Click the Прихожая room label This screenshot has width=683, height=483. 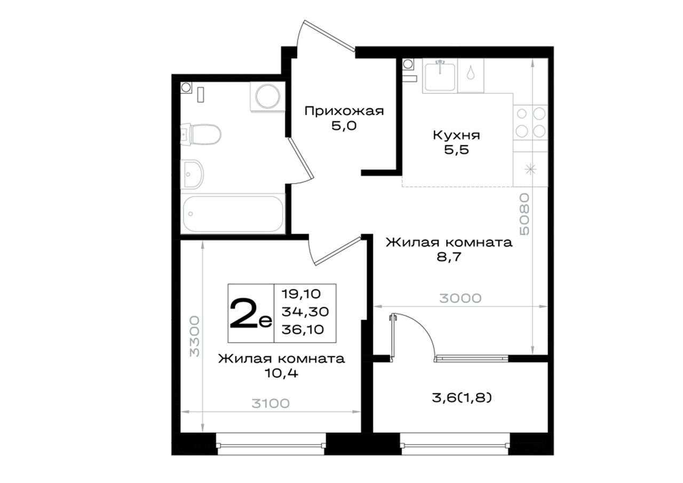[x=344, y=111]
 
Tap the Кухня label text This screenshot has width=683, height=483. [x=456, y=135]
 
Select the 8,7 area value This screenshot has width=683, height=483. [x=449, y=257]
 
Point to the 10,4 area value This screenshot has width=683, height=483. [x=281, y=373]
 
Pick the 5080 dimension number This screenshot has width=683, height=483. [x=525, y=214]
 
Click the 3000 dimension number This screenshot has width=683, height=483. [x=460, y=298]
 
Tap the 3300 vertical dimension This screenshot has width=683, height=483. [x=194, y=336]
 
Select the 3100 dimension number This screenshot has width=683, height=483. [x=271, y=403]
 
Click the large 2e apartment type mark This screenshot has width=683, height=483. [x=251, y=313]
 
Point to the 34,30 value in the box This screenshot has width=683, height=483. [x=305, y=312]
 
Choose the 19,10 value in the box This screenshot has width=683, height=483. [x=301, y=294]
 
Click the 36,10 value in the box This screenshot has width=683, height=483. [x=303, y=329]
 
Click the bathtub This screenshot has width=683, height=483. [x=233, y=214]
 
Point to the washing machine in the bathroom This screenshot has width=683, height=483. [x=267, y=96]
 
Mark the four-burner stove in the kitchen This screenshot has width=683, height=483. [x=530, y=123]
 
